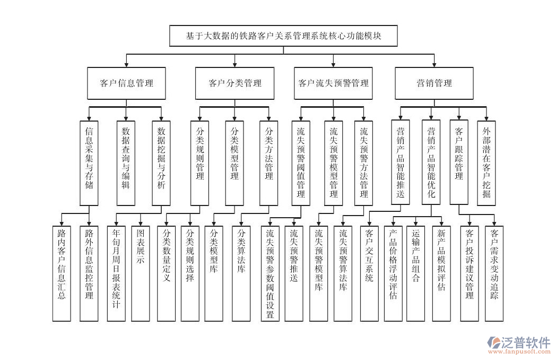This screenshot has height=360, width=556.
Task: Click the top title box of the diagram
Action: pos(283,36)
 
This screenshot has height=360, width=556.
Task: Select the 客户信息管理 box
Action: pos(126,83)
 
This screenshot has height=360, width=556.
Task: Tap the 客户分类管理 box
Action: pos(234,83)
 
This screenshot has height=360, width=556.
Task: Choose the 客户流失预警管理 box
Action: pos(333,83)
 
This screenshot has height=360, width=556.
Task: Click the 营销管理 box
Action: pos(434,83)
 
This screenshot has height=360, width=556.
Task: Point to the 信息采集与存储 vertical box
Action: pos(89,162)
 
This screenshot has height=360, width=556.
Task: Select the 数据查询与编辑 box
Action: pos(126,162)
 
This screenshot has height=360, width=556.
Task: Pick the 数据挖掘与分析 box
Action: pos(161,162)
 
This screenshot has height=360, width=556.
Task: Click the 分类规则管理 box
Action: pos(200,162)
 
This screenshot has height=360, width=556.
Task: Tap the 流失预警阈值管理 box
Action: pos(301,162)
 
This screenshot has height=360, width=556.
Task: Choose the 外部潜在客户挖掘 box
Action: pos(486,162)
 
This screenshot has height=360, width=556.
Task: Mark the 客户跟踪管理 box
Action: pos(459,162)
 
